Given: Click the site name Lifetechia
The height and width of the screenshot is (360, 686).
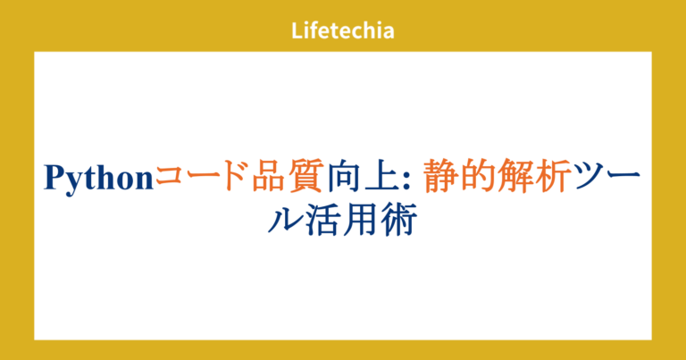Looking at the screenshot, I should [x=343, y=31].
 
